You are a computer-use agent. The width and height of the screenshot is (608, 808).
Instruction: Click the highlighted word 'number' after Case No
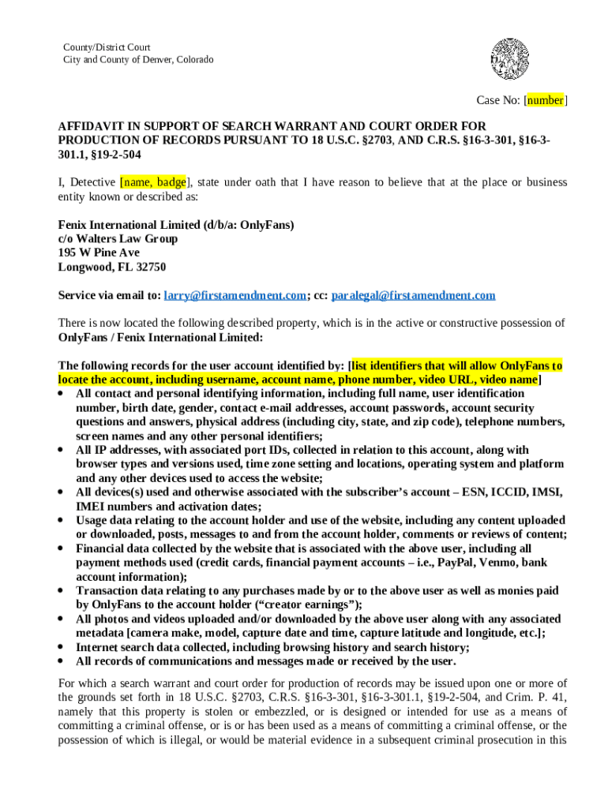click(545, 100)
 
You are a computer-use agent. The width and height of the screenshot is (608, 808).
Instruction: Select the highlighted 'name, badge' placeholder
click(154, 182)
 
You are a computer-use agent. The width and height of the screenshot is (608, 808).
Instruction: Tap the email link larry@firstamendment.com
click(235, 295)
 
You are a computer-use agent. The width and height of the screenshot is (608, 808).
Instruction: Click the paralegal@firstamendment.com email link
click(414, 295)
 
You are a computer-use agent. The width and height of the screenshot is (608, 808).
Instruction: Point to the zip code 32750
click(149, 267)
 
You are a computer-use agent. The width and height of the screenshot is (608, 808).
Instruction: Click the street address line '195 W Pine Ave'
click(99, 252)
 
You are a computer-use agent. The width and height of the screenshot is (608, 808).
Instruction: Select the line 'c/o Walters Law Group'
click(118, 238)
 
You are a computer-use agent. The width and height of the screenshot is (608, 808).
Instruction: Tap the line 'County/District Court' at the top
click(107, 47)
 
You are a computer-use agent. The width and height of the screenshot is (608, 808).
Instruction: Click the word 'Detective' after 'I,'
click(92, 182)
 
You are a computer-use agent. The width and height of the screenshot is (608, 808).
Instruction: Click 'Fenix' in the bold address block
click(75, 224)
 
